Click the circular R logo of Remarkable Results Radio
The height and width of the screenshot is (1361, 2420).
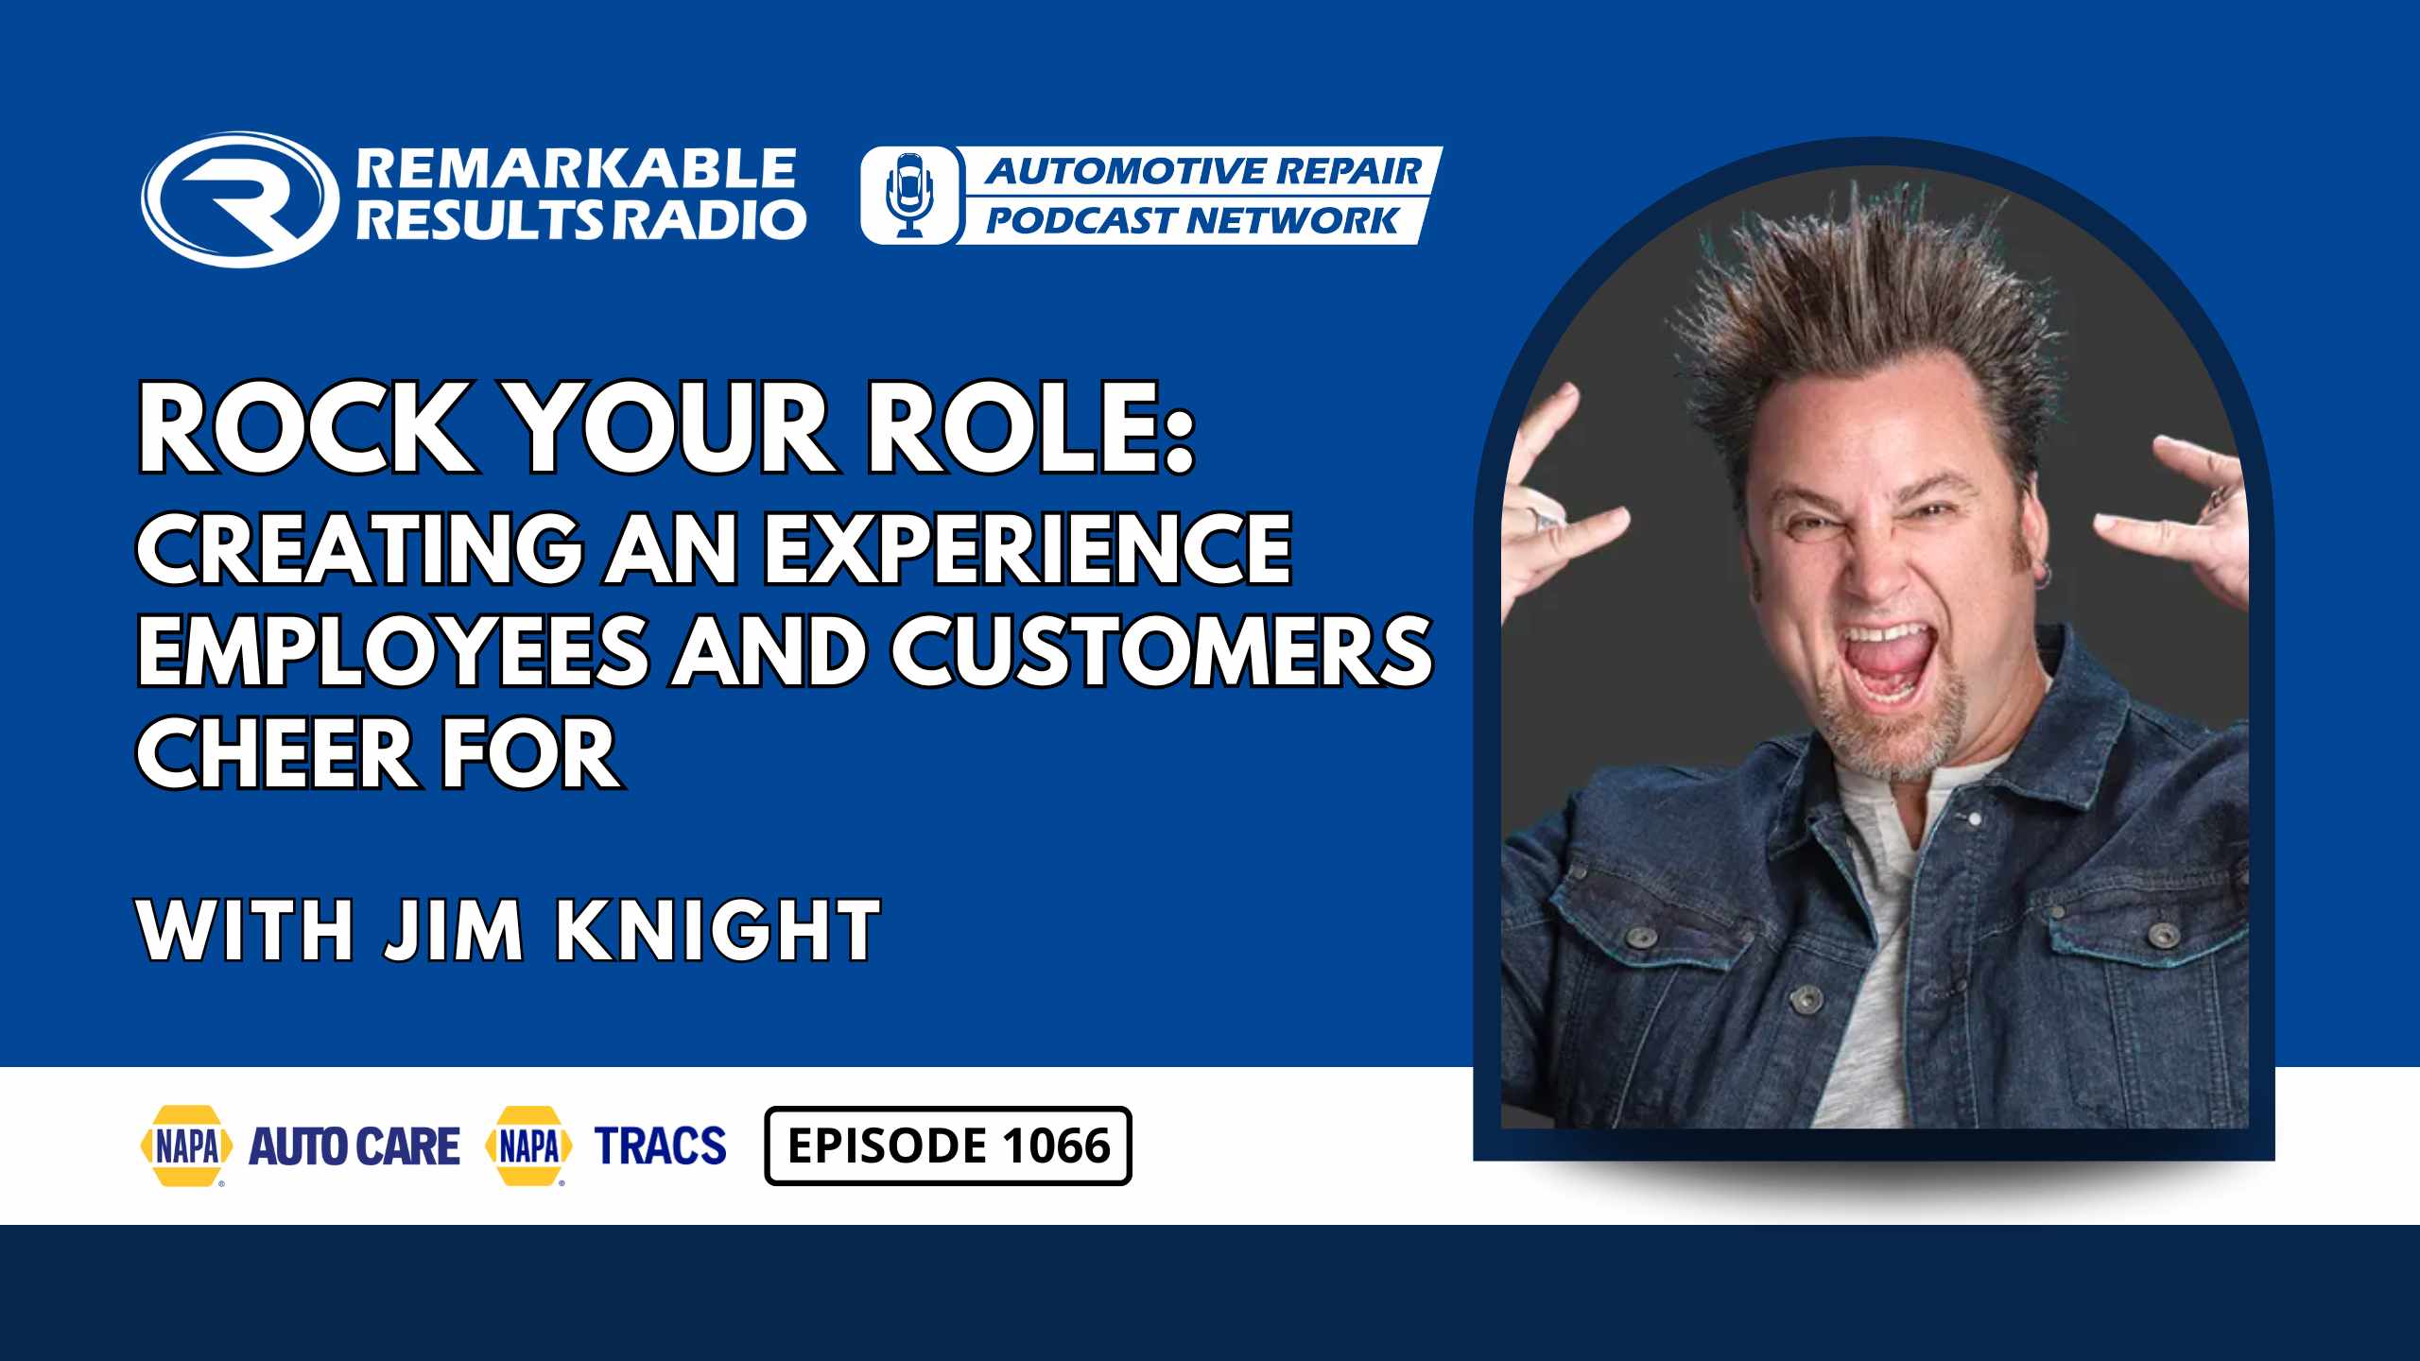pyautogui.click(x=240, y=199)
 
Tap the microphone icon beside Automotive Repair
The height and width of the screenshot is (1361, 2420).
pyautogui.click(x=909, y=195)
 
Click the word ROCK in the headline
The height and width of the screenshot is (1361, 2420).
pyautogui.click(x=304, y=428)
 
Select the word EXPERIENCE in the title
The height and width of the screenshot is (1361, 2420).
pyautogui.click(x=1028, y=548)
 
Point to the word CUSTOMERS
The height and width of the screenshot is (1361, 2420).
pyautogui.click(x=1163, y=650)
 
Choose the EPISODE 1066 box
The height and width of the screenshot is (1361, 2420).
pyautogui.click(x=948, y=1146)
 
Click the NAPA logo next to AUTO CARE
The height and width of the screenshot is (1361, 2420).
pyautogui.click(x=187, y=1146)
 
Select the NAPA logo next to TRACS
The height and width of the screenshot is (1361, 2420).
pyautogui.click(x=528, y=1146)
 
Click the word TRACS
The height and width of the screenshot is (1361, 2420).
pyautogui.click(x=661, y=1146)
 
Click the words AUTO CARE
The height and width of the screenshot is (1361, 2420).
pyautogui.click(x=354, y=1146)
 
